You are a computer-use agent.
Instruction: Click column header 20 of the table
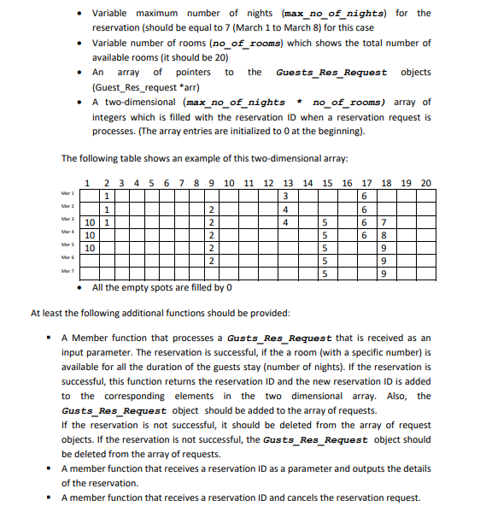[x=425, y=182]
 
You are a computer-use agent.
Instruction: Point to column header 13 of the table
[x=287, y=182]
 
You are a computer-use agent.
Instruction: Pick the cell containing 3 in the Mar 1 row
[x=284, y=196]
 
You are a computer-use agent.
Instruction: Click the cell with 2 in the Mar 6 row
[x=210, y=260]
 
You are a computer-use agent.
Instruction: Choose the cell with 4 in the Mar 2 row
[x=284, y=209]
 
